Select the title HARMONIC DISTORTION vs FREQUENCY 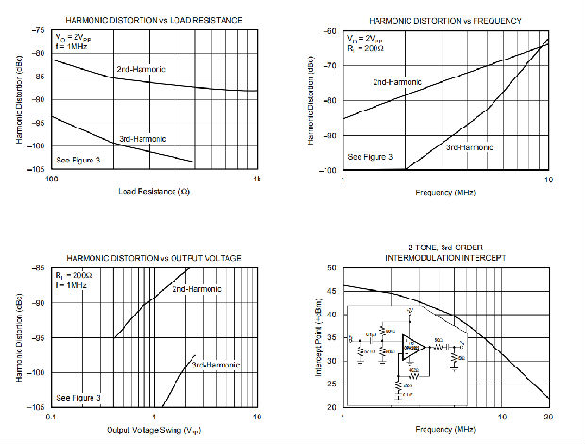click(x=445, y=21)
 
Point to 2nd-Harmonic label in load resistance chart click(x=141, y=70)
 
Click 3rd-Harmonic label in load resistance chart click(x=142, y=140)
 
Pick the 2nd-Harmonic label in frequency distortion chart click(x=397, y=82)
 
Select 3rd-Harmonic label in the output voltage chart click(x=216, y=365)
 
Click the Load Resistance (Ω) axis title click(x=154, y=192)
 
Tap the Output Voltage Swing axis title click(x=154, y=430)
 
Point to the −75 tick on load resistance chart click(x=39, y=30)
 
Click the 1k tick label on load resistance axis click(x=255, y=179)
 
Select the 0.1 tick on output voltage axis click(x=53, y=417)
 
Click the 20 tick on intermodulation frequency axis click(x=547, y=417)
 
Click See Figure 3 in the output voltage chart click(x=78, y=398)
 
